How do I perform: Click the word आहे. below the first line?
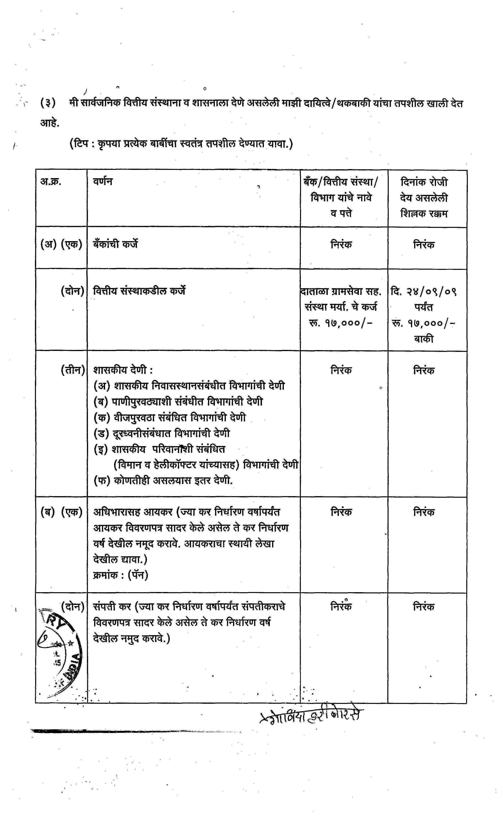click(x=50, y=123)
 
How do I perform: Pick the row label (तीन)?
click(x=72, y=370)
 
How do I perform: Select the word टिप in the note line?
click(x=81, y=144)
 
